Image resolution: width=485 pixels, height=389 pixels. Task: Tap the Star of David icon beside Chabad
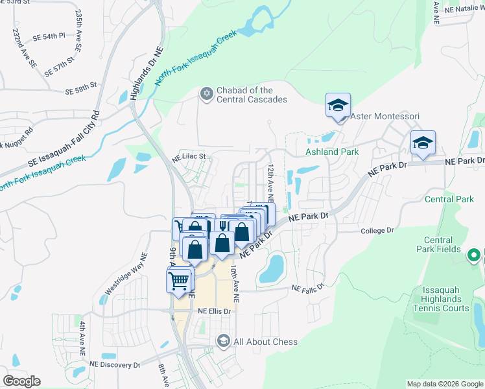point(207,95)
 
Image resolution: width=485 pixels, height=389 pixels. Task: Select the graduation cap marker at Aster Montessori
point(338,106)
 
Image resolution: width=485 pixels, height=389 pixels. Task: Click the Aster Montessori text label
point(384,116)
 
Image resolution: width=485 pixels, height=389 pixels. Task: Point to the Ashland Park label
point(332,152)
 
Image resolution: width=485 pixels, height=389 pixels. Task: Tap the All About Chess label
point(265,342)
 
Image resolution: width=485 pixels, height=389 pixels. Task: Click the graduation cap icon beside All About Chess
point(224,341)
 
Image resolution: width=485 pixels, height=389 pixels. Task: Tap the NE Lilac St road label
point(188,156)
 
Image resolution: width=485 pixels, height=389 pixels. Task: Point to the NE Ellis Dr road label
point(214,311)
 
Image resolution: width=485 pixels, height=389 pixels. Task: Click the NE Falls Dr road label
point(307,289)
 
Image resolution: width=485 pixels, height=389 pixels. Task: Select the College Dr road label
point(377,230)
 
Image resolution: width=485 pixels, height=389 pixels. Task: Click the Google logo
point(21,381)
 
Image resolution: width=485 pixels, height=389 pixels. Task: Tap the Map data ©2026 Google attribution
point(445,384)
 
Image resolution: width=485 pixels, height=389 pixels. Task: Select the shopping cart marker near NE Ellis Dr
point(179,281)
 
